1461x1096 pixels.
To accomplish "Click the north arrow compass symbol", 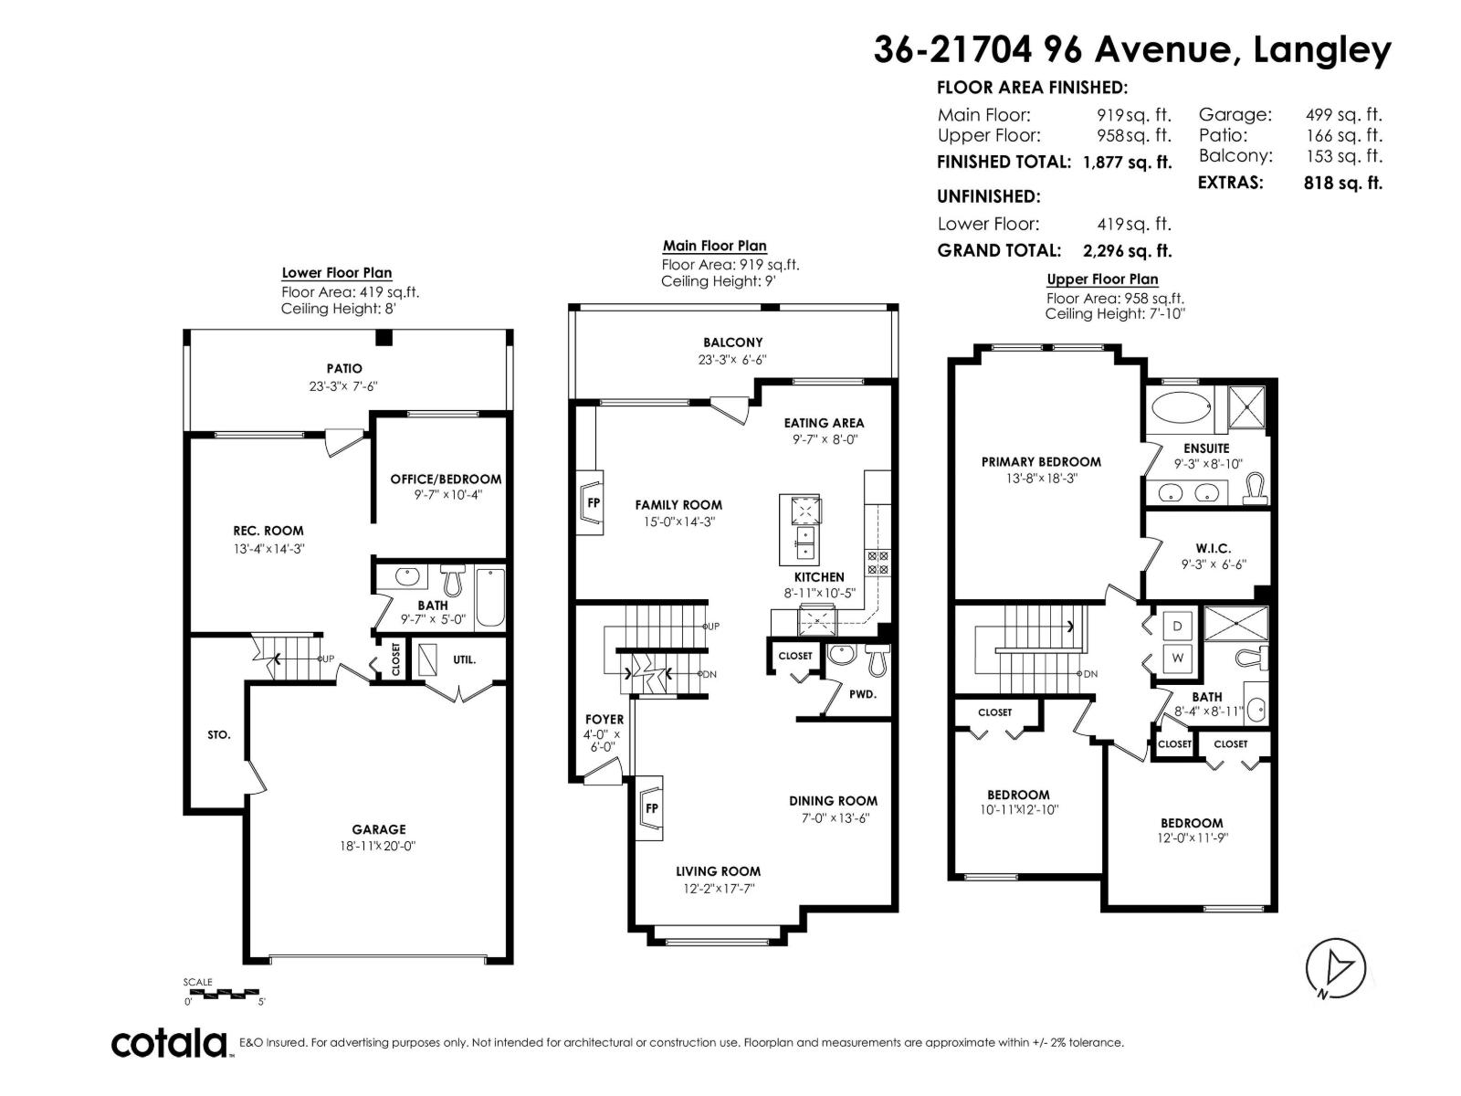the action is pos(1335,969).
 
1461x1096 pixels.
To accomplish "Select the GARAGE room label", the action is pos(379,829).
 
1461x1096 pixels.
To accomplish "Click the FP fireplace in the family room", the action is pos(590,503).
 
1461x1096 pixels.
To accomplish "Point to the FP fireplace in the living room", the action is pos(649,808).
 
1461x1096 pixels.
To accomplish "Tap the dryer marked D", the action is pos(1177,627).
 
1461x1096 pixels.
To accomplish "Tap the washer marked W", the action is pos(1177,658).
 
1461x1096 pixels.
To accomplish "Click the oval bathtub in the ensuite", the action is pos(1181,406).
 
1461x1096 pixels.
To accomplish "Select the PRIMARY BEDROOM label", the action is pos(1041,462).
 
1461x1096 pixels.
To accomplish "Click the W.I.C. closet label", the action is pos(1214,548).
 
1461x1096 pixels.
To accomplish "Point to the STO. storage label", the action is pos(218,734).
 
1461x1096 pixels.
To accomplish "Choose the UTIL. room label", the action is pos(464,660).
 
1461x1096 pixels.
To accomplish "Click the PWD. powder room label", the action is pos(863,694).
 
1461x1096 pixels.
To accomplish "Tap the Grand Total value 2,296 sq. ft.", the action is pos(1127,251).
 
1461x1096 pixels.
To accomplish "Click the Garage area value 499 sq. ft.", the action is pos(1343,115).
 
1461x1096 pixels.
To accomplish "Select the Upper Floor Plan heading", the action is pos(1101,279).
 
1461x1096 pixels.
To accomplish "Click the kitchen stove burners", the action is pos(877,563).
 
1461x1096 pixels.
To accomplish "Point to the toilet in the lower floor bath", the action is pos(453,580).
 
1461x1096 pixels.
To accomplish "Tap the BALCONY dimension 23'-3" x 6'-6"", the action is pos(732,360).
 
